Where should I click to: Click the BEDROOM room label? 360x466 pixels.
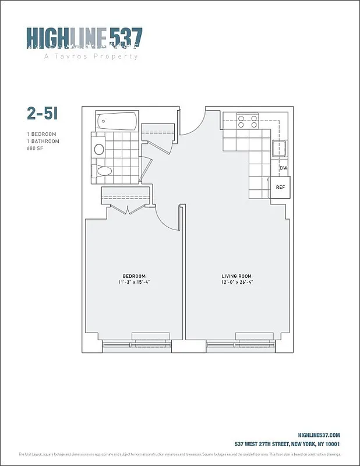click(x=134, y=276)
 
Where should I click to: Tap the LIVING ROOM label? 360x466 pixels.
click(x=237, y=276)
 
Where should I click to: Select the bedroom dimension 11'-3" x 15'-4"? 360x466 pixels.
click(x=134, y=282)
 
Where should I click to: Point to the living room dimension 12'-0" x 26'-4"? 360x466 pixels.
click(x=237, y=282)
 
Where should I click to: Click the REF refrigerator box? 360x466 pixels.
click(x=280, y=188)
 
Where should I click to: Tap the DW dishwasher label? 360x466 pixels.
click(x=283, y=168)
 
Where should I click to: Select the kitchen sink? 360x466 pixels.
click(x=279, y=149)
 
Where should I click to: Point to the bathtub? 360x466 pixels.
click(x=118, y=122)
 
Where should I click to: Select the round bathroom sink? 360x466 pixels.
click(x=99, y=149)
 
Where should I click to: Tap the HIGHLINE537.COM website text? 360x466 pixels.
click(x=318, y=435)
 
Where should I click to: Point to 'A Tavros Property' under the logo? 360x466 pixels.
click(x=91, y=57)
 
